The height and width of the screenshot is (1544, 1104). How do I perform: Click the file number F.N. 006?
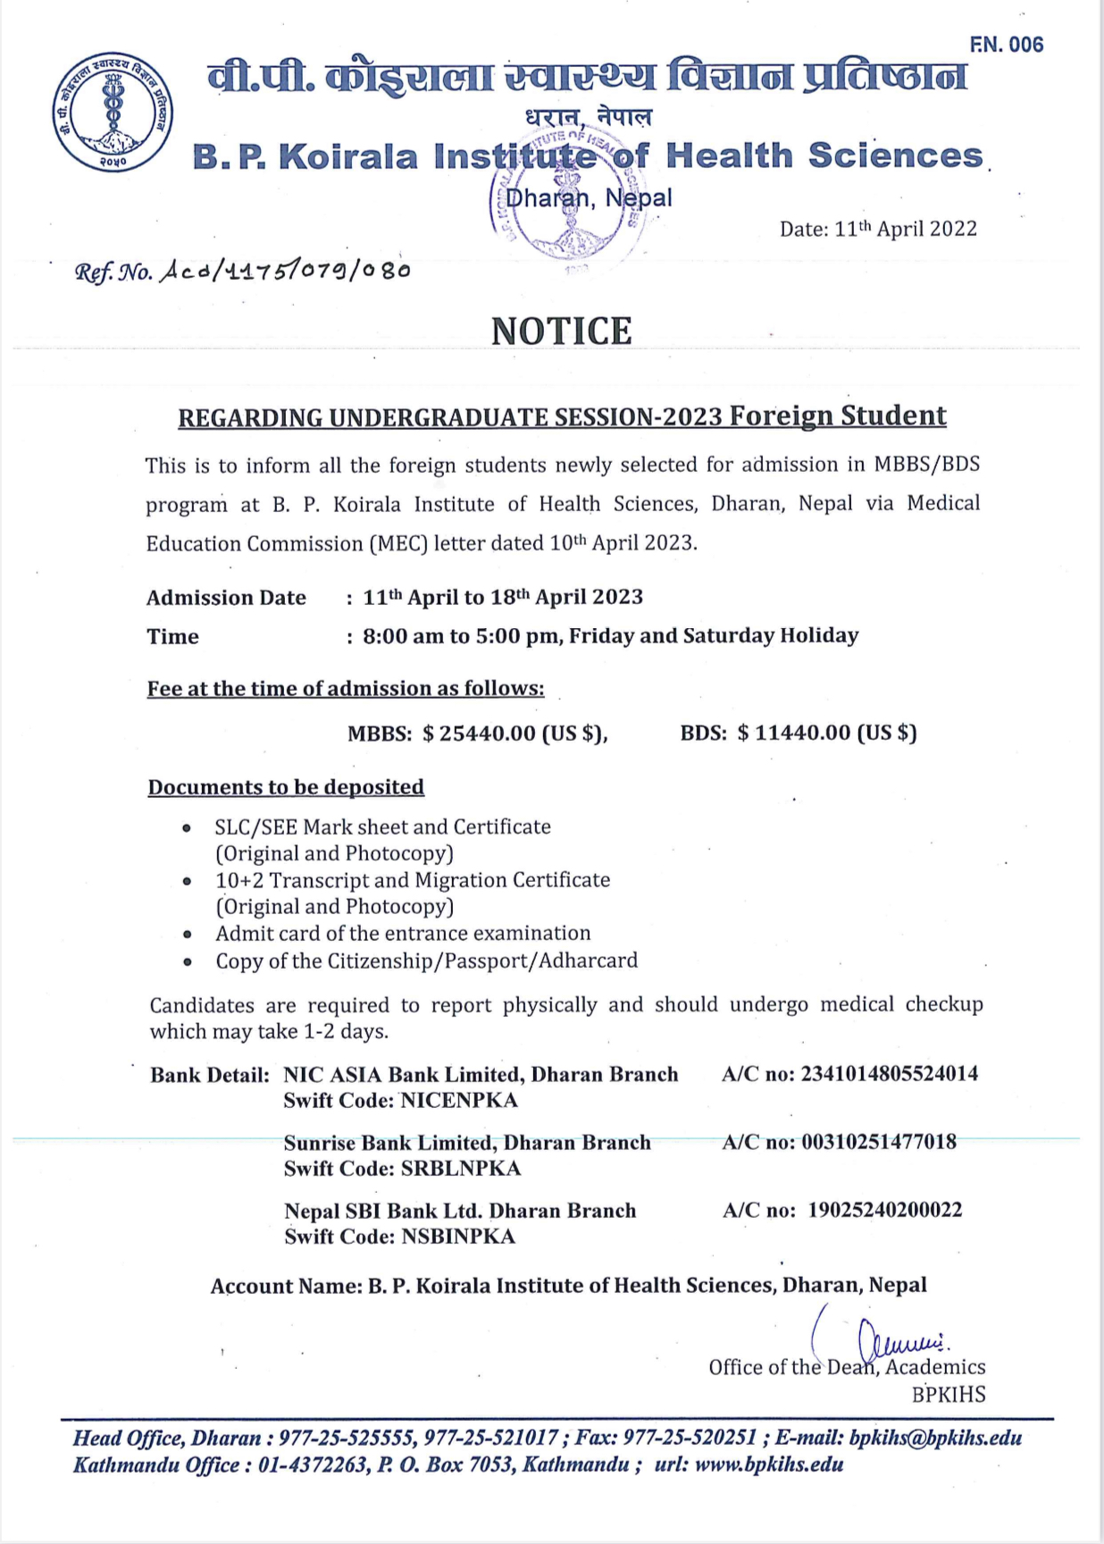(x=1006, y=45)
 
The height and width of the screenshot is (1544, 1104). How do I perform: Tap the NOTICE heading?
(x=562, y=331)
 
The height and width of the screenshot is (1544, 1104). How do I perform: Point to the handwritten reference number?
(x=284, y=270)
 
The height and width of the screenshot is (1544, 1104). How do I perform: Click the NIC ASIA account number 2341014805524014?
(x=889, y=1074)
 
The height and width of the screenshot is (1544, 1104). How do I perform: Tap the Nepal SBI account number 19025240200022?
(x=885, y=1210)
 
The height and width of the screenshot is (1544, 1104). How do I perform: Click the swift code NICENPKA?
(x=459, y=1100)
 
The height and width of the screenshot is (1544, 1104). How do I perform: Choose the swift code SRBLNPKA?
(x=461, y=1169)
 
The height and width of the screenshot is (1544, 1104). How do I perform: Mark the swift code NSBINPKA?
(x=458, y=1237)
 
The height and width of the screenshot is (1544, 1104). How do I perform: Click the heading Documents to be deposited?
(x=286, y=787)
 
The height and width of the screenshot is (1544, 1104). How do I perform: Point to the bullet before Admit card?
(x=187, y=935)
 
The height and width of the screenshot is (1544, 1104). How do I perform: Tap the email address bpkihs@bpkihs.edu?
(x=935, y=1438)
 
